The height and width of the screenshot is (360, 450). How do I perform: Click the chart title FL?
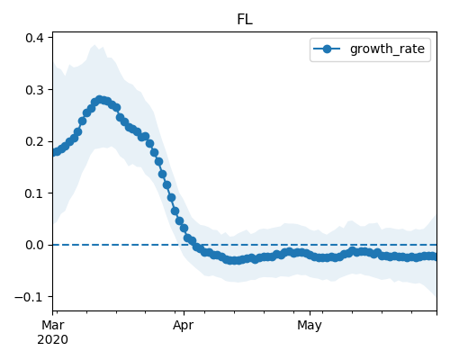tap(245, 20)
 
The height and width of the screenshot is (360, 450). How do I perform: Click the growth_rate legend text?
tap(387, 49)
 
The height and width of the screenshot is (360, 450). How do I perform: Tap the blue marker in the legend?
tap(327, 49)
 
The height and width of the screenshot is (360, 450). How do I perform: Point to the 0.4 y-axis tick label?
tap(34, 38)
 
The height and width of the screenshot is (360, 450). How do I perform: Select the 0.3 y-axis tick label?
tap(34, 90)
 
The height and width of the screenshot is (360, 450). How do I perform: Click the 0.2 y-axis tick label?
tap(34, 141)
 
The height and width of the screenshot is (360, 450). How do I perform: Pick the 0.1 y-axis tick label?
tap(34, 193)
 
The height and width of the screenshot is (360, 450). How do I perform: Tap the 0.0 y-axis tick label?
tap(34, 245)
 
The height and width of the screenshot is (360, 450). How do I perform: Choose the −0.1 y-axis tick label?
tap(30, 297)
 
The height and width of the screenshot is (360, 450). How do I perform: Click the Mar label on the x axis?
tap(53, 325)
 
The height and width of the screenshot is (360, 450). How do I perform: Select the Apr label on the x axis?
tap(184, 326)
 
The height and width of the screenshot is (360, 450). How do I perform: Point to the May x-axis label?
tap(310, 326)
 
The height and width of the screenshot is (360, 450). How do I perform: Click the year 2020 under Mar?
tap(52, 340)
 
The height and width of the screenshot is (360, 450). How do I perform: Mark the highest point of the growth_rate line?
tap(100, 100)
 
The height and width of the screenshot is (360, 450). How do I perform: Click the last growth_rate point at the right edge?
tap(433, 256)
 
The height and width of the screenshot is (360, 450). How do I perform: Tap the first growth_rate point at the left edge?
tap(55, 152)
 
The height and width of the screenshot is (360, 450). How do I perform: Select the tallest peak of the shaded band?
tap(94, 45)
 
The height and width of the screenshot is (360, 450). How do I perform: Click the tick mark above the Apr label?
tap(184, 313)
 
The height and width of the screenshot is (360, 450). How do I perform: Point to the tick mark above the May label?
tap(310, 313)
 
